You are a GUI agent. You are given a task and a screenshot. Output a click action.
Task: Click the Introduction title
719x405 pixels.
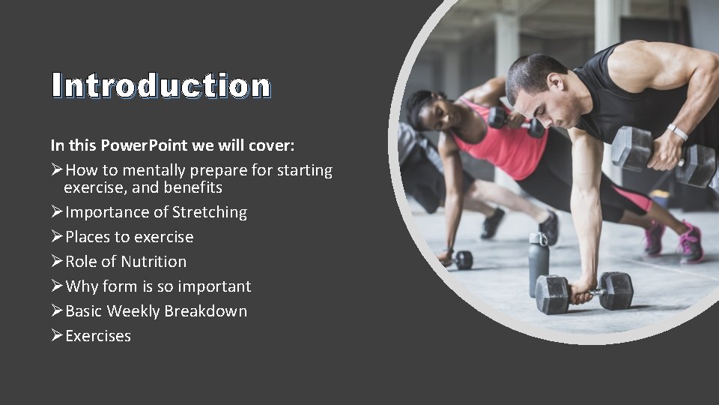coord(161,85)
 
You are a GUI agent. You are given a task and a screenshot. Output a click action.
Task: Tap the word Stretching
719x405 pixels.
coord(209,212)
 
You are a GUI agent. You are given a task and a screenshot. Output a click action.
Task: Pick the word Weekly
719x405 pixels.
coord(133,311)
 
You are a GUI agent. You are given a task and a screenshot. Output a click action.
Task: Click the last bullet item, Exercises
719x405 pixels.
coord(98,336)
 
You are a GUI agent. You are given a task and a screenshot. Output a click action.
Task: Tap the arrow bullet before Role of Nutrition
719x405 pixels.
coord(57,262)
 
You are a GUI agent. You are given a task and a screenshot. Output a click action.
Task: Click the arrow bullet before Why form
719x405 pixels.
coord(57,286)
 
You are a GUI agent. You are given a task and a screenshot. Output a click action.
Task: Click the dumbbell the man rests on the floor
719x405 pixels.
coord(584,291)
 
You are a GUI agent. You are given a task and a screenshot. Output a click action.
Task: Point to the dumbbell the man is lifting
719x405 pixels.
coord(663,155)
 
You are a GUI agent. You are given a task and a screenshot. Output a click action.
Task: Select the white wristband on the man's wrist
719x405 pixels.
coord(678,132)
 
